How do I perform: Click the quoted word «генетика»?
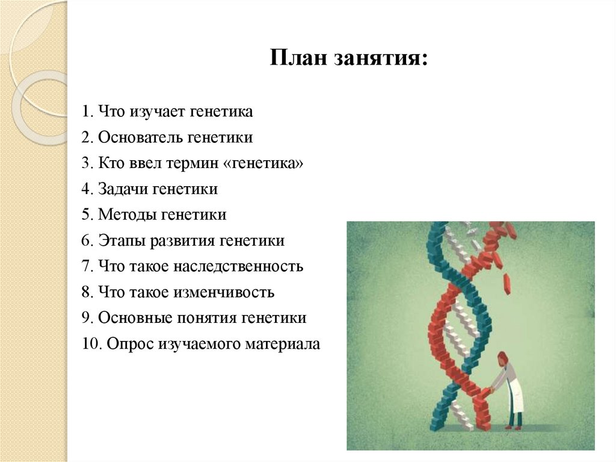coord(267,163)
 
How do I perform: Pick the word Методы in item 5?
coord(124,214)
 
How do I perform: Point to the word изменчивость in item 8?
coord(224,292)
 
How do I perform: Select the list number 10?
coord(91,344)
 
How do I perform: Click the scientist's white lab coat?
coord(512,391)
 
